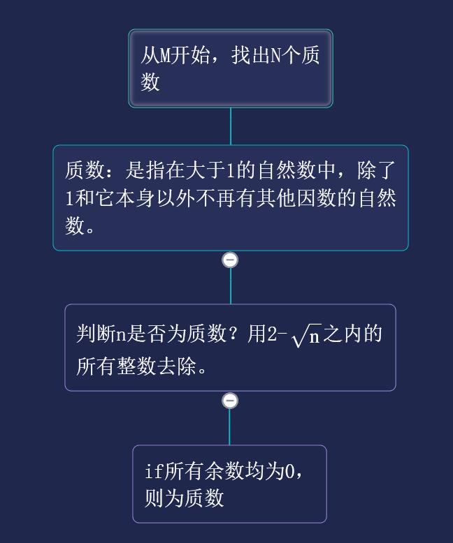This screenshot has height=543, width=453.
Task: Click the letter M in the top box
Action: coord(165,55)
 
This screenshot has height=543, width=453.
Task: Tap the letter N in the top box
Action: coord(275,55)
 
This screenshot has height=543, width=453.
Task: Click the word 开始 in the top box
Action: coord(189,55)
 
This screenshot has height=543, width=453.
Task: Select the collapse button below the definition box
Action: coord(230,260)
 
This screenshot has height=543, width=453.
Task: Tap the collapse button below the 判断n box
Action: coord(230,401)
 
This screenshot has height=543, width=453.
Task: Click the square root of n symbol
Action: coord(307,335)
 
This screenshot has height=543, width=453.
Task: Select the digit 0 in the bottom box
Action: coord(289,471)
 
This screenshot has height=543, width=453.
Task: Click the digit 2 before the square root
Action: coord(272,334)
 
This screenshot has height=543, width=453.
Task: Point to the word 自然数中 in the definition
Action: coord(296,170)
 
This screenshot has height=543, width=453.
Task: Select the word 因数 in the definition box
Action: coord(317,198)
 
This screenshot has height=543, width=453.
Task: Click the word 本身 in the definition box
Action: coord(135,198)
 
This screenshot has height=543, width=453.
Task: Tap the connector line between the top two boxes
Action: coord(231,126)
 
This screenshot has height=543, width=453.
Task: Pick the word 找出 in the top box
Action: coord(251,55)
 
